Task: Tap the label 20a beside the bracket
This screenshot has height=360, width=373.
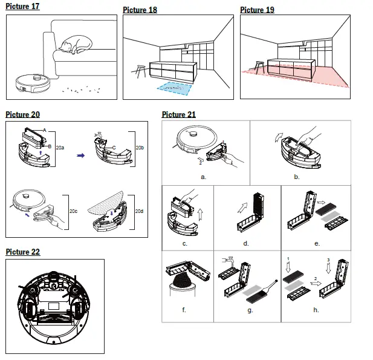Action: (60, 146)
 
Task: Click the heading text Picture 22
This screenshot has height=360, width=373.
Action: (23, 252)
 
